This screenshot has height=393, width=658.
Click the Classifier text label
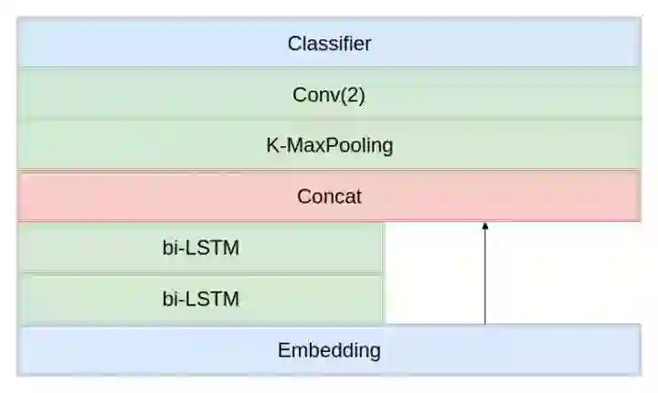click(x=329, y=43)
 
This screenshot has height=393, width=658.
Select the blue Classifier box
click(x=137, y=43)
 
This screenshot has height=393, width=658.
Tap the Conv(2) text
click(x=329, y=94)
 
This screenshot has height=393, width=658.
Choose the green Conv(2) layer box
click(x=137, y=94)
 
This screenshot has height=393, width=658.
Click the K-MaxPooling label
click(x=329, y=145)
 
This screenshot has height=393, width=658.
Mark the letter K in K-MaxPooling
click(x=271, y=145)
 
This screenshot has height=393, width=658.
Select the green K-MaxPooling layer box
click(x=137, y=145)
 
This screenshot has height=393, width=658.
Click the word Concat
click(x=329, y=196)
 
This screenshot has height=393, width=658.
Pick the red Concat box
click(x=137, y=196)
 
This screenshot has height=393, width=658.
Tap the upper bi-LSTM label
click(x=201, y=248)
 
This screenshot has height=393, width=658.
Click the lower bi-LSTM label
click(x=201, y=299)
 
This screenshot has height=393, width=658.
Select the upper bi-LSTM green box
click(x=82, y=248)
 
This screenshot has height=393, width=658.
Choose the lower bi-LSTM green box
click(x=82, y=299)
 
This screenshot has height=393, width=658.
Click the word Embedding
click(x=329, y=350)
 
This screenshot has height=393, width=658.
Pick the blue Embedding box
click(x=137, y=350)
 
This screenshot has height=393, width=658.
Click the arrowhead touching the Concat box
click(x=484, y=226)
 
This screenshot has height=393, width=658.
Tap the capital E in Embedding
click(x=283, y=350)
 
